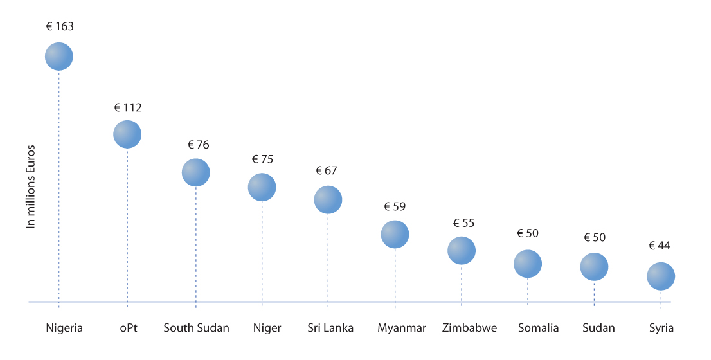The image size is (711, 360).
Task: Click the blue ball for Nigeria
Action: click(x=59, y=57)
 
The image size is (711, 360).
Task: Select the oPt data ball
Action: click(x=127, y=134)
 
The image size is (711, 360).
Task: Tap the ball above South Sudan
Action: click(x=196, y=172)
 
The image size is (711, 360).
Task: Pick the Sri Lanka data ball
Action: click(x=328, y=200)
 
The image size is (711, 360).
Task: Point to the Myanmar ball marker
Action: click(x=395, y=234)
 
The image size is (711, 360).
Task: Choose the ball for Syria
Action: click(x=661, y=276)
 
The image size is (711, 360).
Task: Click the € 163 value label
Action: click(x=60, y=27)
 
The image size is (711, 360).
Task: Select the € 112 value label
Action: click(x=128, y=108)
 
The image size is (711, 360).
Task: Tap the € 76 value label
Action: click(x=198, y=145)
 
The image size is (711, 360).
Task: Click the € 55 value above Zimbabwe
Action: click(x=464, y=223)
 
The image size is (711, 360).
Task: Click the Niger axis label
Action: click(x=267, y=328)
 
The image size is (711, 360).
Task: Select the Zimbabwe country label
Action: click(x=469, y=328)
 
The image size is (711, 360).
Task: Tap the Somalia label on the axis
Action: click(x=538, y=328)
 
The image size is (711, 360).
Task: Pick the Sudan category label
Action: click(x=598, y=328)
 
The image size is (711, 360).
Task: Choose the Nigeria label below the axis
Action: click(x=64, y=328)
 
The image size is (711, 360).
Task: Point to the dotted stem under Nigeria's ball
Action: click(x=59, y=186)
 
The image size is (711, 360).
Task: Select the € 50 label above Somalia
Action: click(x=528, y=233)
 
